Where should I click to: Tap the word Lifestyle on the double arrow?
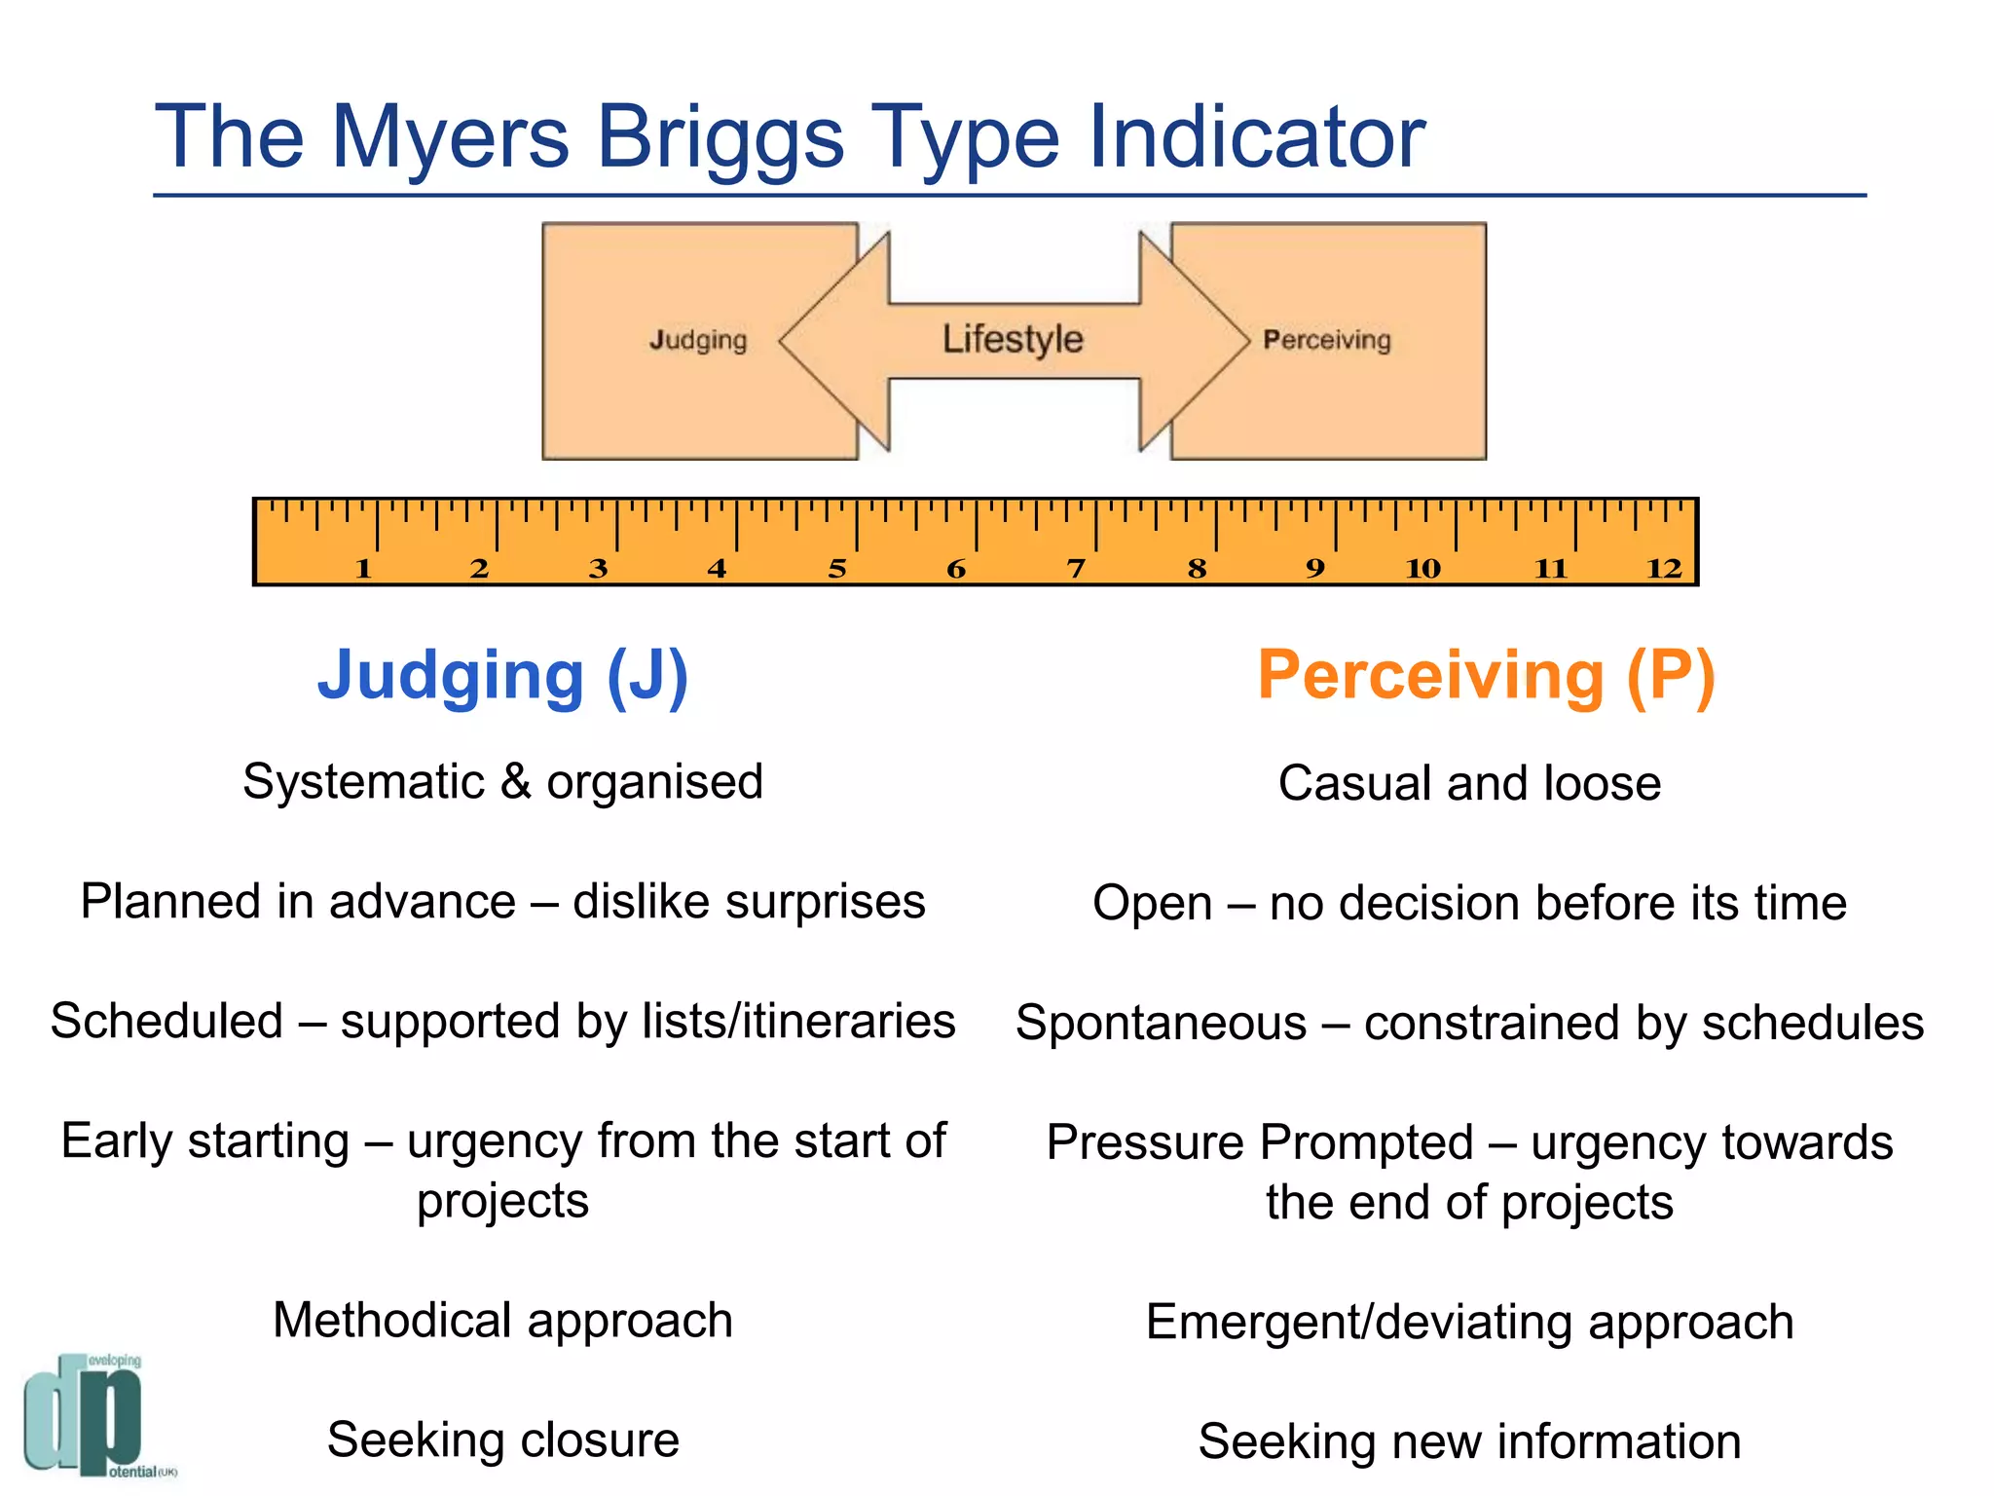[1013, 339]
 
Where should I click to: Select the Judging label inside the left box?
[698, 340]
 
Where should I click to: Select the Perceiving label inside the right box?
[1326, 340]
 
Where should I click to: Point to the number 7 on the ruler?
[1076, 568]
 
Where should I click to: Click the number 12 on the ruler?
[1664, 568]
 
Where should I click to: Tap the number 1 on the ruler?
[363, 568]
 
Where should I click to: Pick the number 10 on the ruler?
[1422, 568]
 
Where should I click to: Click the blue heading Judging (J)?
[502, 675]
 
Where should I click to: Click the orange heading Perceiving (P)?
[1486, 675]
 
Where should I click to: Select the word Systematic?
[363, 781]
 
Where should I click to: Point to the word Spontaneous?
[1161, 1023]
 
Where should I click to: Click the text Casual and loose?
[1469, 783]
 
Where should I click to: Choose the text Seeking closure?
[502, 1440]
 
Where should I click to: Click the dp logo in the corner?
[88, 1414]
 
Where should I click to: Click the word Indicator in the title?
[1256, 138]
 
